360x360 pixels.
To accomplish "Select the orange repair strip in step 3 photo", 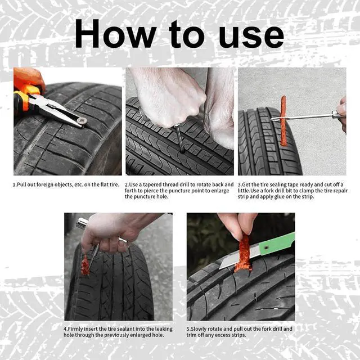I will tap(283, 121).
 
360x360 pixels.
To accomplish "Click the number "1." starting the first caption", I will tap(16, 184).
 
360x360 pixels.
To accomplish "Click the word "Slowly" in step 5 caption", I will tap(200, 328).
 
